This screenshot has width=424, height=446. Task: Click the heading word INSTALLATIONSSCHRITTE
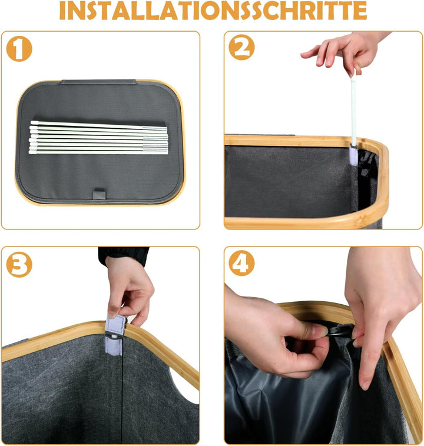[213, 11]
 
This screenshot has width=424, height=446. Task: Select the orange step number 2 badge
[241, 47]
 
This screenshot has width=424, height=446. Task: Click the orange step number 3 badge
[19, 265]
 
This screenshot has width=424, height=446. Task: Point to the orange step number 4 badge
[241, 263]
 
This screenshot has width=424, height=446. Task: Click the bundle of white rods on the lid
[98, 138]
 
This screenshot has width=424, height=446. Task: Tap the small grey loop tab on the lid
[99, 195]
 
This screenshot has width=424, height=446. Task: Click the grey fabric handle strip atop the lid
[98, 82]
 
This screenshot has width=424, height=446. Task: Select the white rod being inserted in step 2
[353, 108]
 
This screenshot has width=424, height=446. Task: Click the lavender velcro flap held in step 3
[115, 326]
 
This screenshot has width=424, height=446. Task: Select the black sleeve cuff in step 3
[123, 256]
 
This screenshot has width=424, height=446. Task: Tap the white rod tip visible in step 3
[114, 337]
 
